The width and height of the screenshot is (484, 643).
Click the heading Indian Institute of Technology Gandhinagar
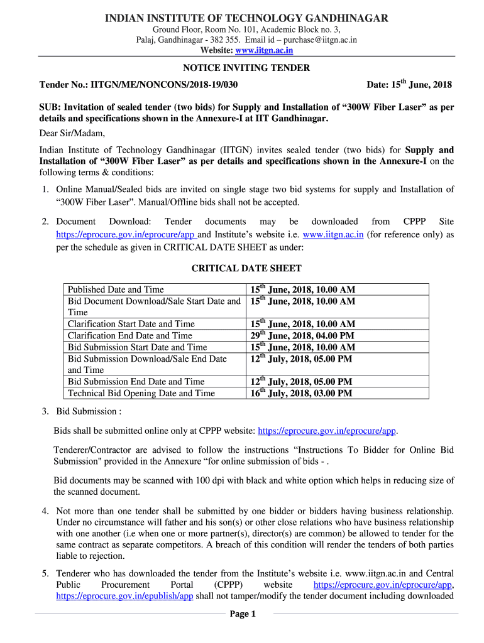tap(246, 18)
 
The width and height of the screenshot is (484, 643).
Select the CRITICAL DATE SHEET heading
tap(246, 268)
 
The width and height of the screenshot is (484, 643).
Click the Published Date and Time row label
tap(116, 289)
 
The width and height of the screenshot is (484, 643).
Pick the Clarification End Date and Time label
tap(130, 335)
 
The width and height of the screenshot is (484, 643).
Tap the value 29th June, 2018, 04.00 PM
tap(302, 335)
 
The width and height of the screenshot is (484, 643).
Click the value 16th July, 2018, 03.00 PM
tap(301, 393)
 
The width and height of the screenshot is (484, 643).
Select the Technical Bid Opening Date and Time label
tap(141, 393)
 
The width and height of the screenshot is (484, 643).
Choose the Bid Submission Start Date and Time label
tap(137, 347)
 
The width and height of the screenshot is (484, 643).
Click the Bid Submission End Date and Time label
tap(136, 382)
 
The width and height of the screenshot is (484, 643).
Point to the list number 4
tap(45, 511)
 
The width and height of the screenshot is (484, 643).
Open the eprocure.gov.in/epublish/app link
tap(124, 597)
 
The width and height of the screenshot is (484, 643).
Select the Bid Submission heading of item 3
tap(88, 411)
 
